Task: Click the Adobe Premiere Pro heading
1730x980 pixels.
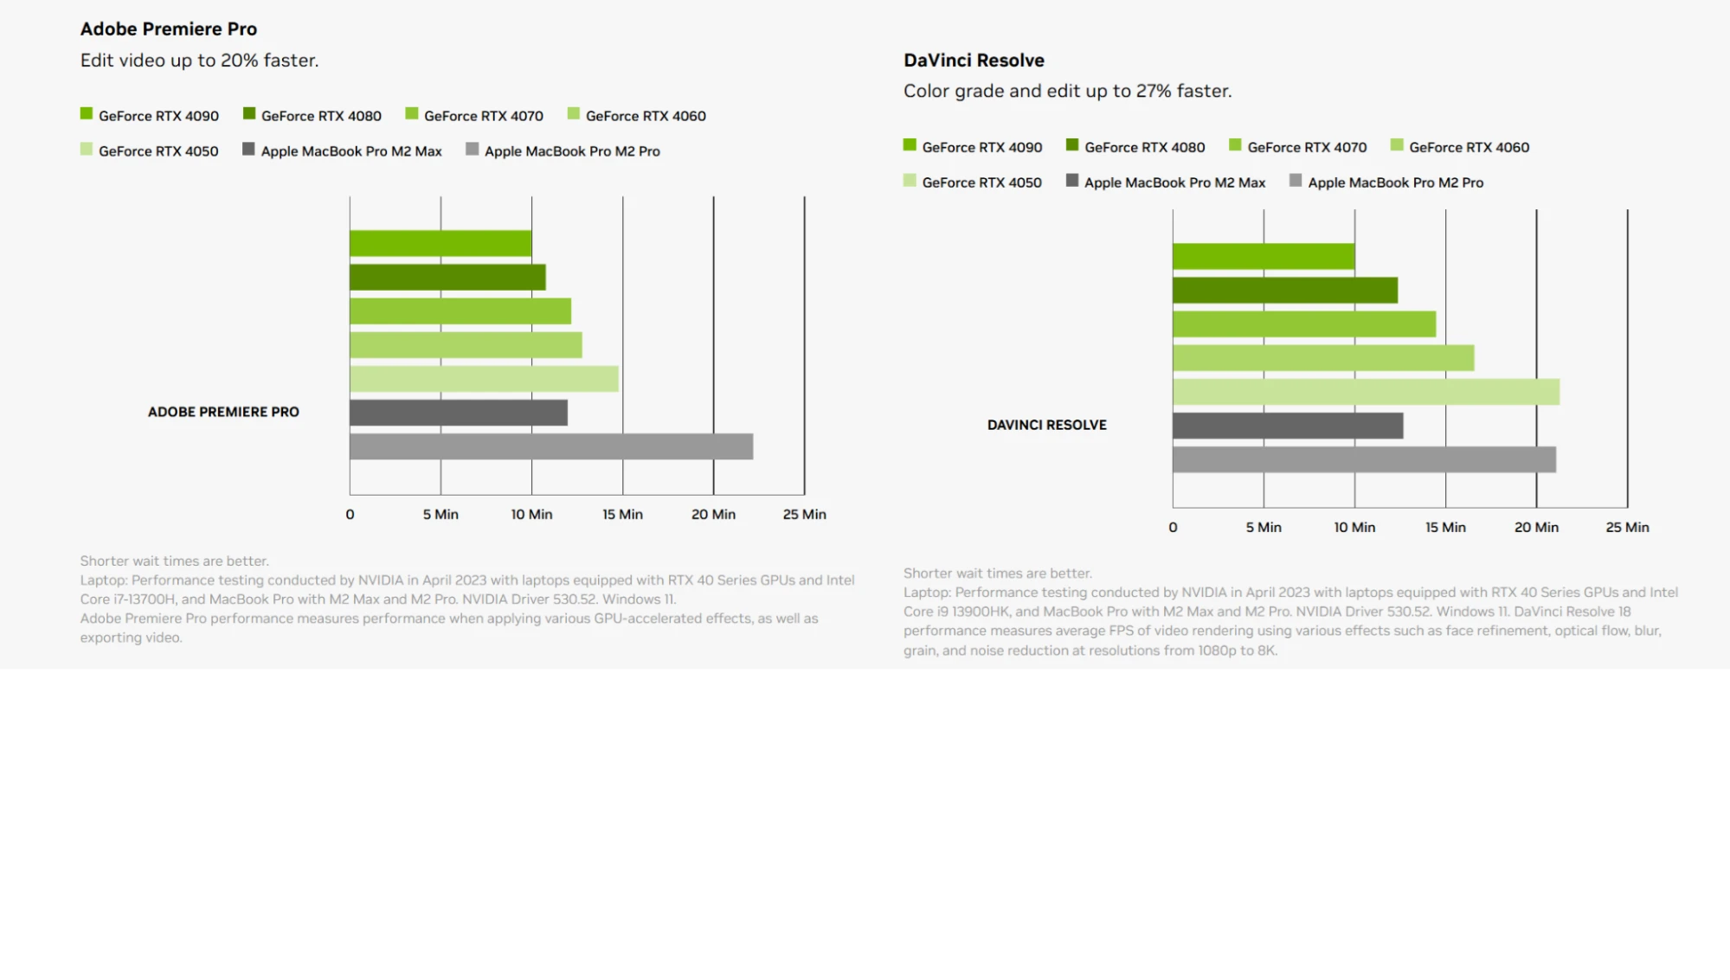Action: [x=168, y=29]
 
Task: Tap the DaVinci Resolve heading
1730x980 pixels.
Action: [x=974, y=61]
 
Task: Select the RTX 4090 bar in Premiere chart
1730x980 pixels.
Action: [x=441, y=243]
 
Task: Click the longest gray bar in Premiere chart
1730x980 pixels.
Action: [x=550, y=446]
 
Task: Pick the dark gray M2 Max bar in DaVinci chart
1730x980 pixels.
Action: [x=1287, y=426]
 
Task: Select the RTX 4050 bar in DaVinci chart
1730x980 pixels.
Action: [x=1366, y=392]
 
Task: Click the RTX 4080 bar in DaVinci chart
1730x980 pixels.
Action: [x=1284, y=291]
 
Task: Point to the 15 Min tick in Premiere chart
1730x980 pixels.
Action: [x=622, y=514]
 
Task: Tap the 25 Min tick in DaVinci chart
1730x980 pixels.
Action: [x=1627, y=527]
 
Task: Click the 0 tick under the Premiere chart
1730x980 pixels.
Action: [x=350, y=514]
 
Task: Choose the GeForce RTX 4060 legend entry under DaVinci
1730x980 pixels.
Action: [x=1468, y=147]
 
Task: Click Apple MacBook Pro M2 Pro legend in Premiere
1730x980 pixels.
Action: [x=571, y=151]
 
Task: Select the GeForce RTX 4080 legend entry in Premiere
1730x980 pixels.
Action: [x=320, y=116]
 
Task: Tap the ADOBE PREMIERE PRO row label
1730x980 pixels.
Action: [x=223, y=412]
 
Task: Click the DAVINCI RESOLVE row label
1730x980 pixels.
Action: [x=1046, y=425]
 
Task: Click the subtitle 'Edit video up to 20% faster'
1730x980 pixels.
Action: [x=199, y=61]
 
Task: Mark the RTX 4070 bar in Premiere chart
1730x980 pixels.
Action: [x=460, y=311]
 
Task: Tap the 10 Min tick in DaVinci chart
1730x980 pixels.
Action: [x=1354, y=527]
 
